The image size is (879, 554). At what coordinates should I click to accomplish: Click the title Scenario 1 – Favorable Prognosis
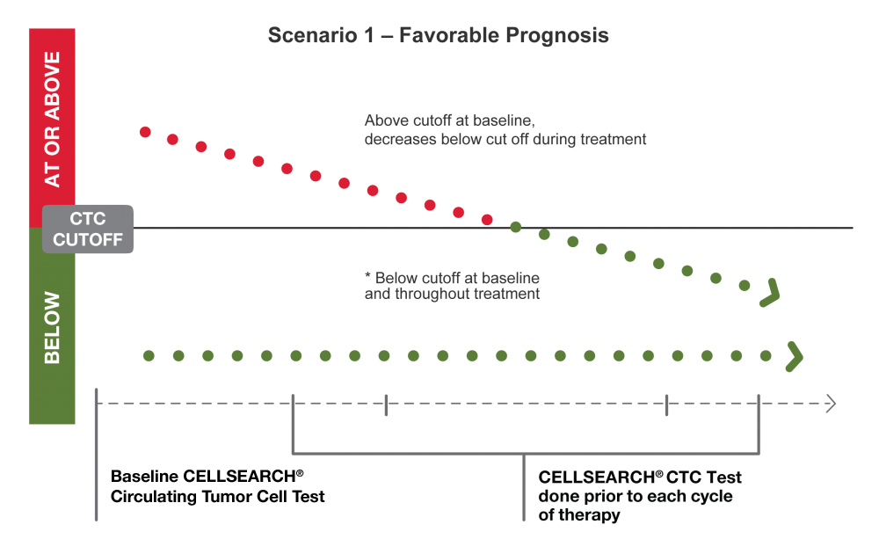coord(438,37)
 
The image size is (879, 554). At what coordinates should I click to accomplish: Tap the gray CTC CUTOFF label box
coord(88,229)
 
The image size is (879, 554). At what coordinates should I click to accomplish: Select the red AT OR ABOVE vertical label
coord(53,119)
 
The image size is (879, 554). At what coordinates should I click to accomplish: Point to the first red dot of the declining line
coord(145,132)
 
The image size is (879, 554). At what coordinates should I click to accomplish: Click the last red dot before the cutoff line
coord(487,220)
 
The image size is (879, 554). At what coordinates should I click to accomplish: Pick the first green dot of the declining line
coord(516,227)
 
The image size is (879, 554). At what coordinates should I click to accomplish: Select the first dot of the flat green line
coord(149,356)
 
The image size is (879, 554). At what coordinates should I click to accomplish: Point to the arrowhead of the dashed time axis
coord(830,404)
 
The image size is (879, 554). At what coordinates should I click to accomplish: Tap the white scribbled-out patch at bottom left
coord(189,486)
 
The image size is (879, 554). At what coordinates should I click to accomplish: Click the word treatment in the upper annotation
coord(614,139)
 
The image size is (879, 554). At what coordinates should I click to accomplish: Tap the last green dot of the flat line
coord(766,356)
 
